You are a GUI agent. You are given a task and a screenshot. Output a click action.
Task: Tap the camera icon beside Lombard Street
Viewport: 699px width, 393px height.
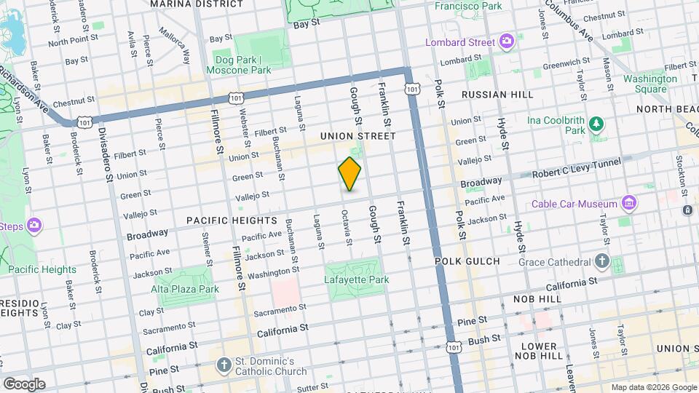pos(507,42)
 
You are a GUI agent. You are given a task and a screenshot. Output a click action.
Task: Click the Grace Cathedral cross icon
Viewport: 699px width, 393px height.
pos(601,261)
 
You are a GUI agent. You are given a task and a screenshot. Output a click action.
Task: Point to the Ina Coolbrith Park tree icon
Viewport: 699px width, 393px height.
pos(597,123)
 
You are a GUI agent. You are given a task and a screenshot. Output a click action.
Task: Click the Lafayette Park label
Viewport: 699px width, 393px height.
pos(356,279)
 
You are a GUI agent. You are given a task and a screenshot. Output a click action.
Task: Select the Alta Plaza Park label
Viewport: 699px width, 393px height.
pos(184,289)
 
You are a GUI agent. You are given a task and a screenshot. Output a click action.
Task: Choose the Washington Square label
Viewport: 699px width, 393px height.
pos(644,84)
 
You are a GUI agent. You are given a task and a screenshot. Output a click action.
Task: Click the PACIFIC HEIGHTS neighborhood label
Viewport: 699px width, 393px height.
pos(232,220)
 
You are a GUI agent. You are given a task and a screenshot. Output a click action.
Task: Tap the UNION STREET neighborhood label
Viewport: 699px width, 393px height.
pos(358,136)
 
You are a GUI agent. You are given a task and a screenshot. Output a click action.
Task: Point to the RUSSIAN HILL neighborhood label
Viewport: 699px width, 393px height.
pos(497,95)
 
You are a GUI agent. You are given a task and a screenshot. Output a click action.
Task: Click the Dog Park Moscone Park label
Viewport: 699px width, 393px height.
pos(242,65)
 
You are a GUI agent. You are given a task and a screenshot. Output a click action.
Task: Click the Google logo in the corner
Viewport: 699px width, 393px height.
pos(24,384)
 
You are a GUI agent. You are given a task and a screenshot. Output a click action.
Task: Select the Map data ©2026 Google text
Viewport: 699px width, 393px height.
pos(654,387)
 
